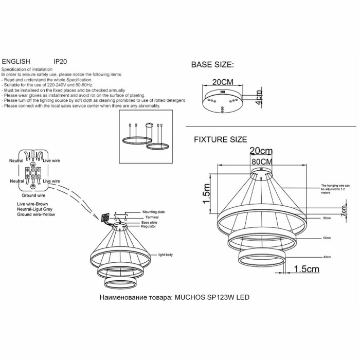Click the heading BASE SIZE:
pos(212,65)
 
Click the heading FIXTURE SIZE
pos(220,139)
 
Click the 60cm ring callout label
pos(326,239)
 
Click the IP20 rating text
pos(61,60)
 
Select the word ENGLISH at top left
pos(16,60)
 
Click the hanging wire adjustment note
pos(336,189)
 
